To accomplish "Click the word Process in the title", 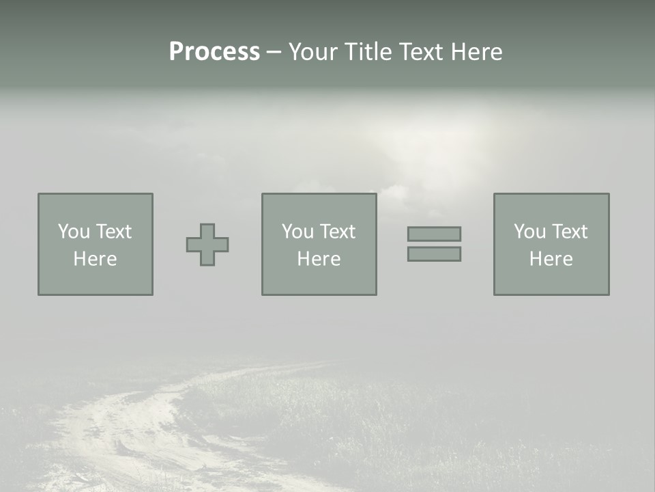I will (214, 52).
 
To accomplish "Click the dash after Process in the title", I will (274, 53).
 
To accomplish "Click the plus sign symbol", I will (207, 245).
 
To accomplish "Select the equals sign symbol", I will (434, 244).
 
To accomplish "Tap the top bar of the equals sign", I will (434, 234).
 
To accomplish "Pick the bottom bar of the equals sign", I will (434, 254).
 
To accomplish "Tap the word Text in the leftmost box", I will (113, 232).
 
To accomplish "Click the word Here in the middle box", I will (319, 259).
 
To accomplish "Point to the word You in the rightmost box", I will (529, 232).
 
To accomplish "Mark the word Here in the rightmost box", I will (551, 259).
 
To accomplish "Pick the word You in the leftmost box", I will (74, 232).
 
